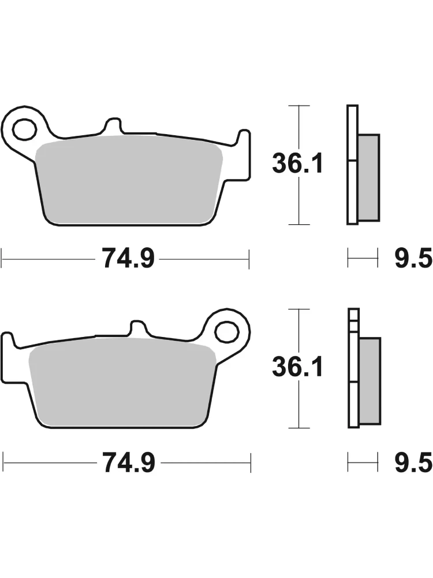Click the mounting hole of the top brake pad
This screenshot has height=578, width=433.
[x=25, y=129]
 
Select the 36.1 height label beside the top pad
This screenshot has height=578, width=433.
[x=297, y=164]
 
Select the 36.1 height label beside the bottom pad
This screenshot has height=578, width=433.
[x=297, y=367]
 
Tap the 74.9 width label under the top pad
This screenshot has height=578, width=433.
[x=128, y=258]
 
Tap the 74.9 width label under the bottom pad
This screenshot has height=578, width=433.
[x=129, y=462]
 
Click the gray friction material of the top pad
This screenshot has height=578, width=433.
[x=129, y=180]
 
